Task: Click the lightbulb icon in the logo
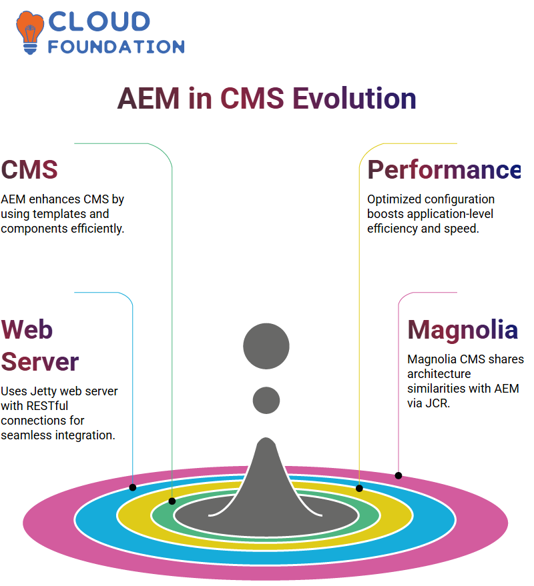click(30, 31)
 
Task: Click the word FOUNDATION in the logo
click(116, 47)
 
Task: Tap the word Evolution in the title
click(354, 99)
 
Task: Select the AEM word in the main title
click(149, 99)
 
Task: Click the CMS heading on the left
click(29, 169)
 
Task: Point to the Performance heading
click(444, 169)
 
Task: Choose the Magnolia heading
click(463, 329)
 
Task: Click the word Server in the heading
click(40, 361)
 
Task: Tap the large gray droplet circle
click(266, 347)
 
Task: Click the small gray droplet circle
click(266, 400)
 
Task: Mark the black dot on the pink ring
click(398, 475)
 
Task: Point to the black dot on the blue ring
click(133, 487)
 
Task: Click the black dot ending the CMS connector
click(172, 501)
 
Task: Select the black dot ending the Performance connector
click(359, 488)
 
